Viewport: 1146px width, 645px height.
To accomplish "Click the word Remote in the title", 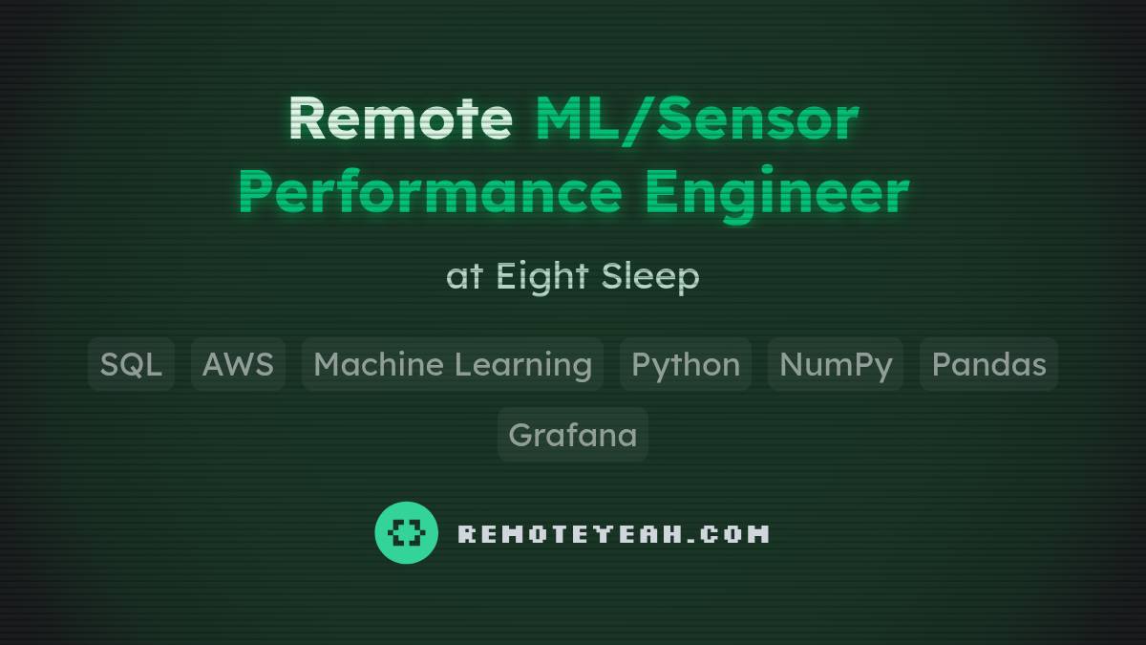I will (x=400, y=119).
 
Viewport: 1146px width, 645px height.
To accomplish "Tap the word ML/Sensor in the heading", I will (x=696, y=119).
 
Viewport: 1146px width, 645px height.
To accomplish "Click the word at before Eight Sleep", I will (x=464, y=277).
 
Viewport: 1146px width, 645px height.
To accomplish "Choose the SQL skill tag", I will (x=131, y=364).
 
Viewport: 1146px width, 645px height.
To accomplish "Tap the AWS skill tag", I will (x=238, y=364).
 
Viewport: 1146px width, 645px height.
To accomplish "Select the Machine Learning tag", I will (x=453, y=364).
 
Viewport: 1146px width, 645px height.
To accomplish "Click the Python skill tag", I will (x=686, y=364).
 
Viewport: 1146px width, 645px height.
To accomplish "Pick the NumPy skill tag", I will (x=836, y=364).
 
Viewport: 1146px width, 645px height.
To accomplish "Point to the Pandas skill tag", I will (x=988, y=364).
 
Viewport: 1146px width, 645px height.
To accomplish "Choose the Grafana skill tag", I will (x=572, y=435).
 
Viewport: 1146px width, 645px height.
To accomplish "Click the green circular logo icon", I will (x=407, y=532).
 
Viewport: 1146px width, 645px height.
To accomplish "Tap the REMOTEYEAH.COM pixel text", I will (x=613, y=533).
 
